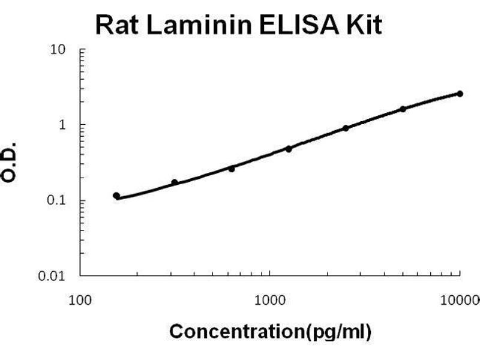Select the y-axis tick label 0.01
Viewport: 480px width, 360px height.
click(53, 276)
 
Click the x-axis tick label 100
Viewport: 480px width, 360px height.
click(80, 298)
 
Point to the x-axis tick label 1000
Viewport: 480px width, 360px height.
click(270, 298)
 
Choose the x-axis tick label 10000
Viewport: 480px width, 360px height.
click(462, 298)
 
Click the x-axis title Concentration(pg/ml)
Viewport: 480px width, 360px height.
click(270, 331)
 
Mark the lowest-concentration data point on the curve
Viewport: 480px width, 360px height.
click(116, 196)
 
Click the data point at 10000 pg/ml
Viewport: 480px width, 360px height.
click(460, 94)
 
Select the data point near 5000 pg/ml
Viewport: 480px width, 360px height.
click(403, 109)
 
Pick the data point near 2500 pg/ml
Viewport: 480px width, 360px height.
click(346, 128)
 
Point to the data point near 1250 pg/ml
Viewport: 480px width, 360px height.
click(289, 149)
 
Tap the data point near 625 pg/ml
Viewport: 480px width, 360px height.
click(232, 169)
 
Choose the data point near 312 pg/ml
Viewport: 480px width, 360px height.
click(175, 182)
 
